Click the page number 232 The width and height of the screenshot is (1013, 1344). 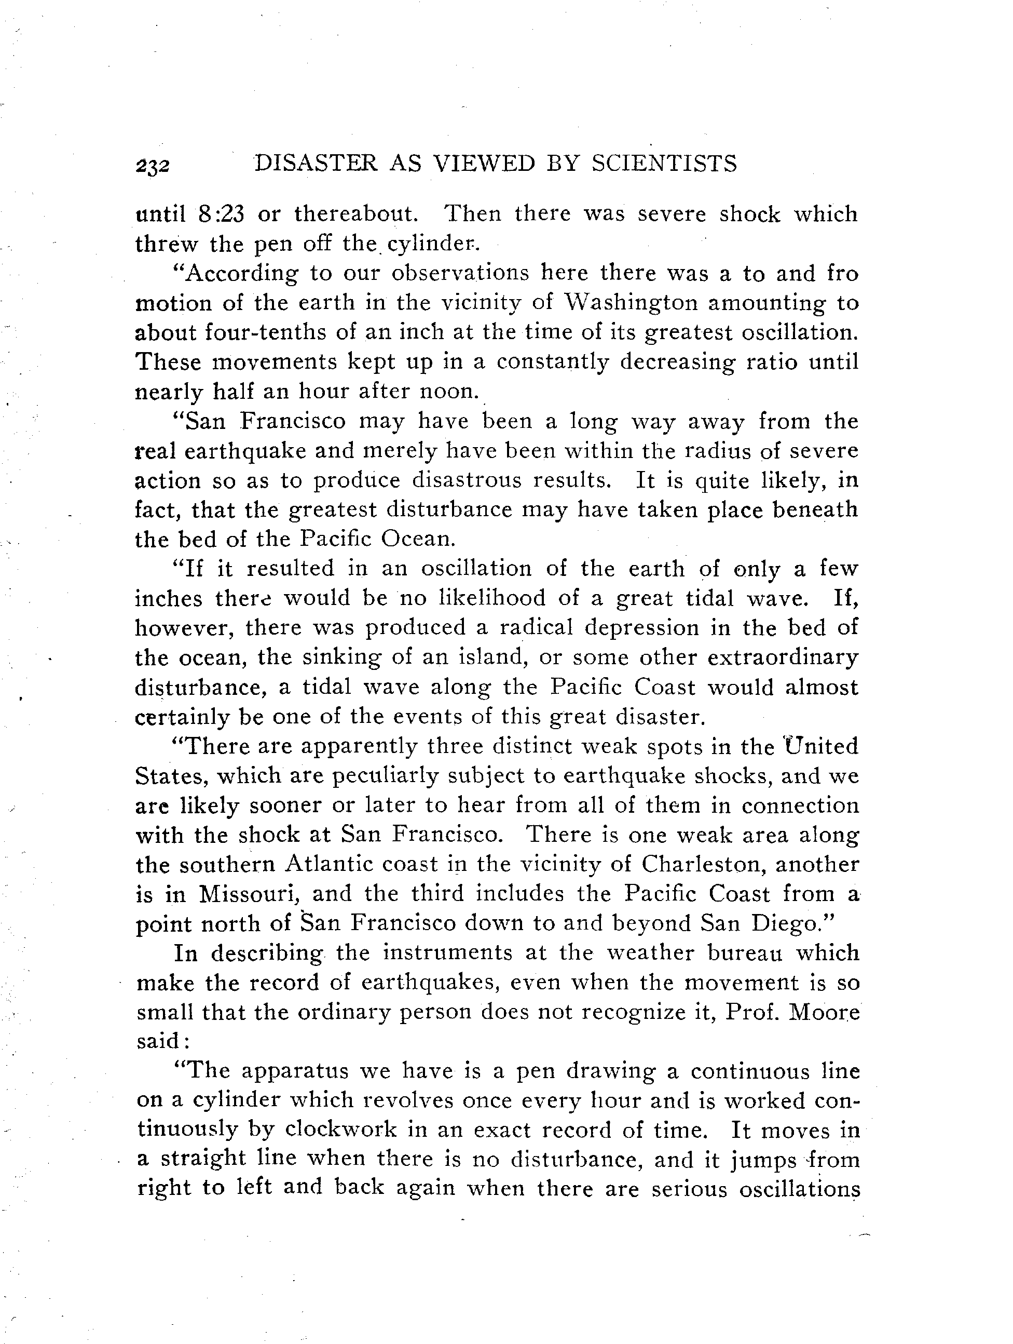click(x=153, y=165)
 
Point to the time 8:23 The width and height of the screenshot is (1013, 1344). click(x=222, y=214)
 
